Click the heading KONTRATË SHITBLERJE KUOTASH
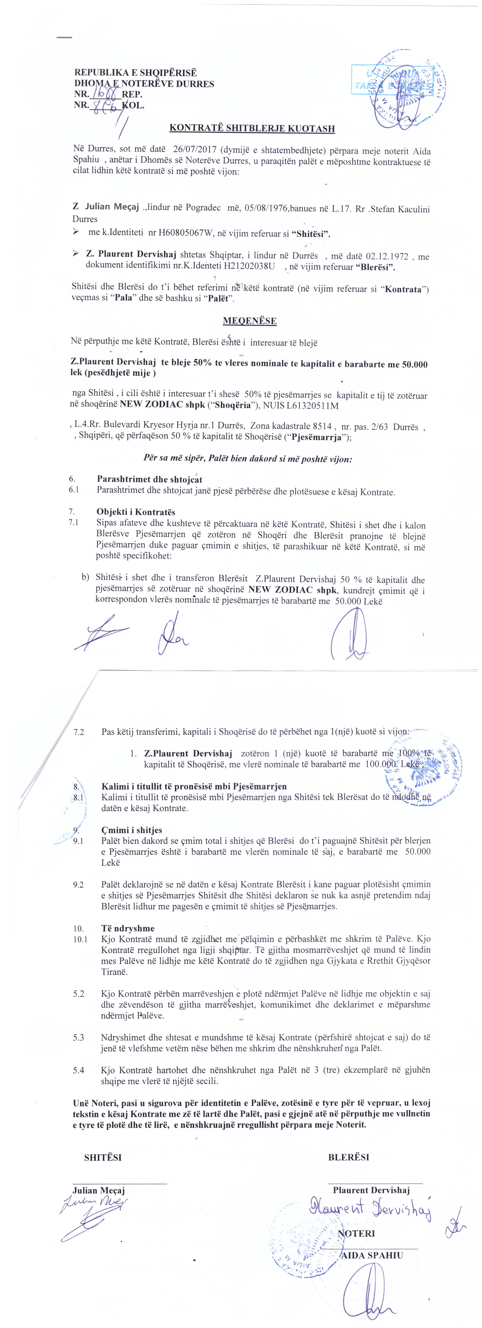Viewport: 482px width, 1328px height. tap(252, 128)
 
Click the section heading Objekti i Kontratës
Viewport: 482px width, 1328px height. tap(136, 512)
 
